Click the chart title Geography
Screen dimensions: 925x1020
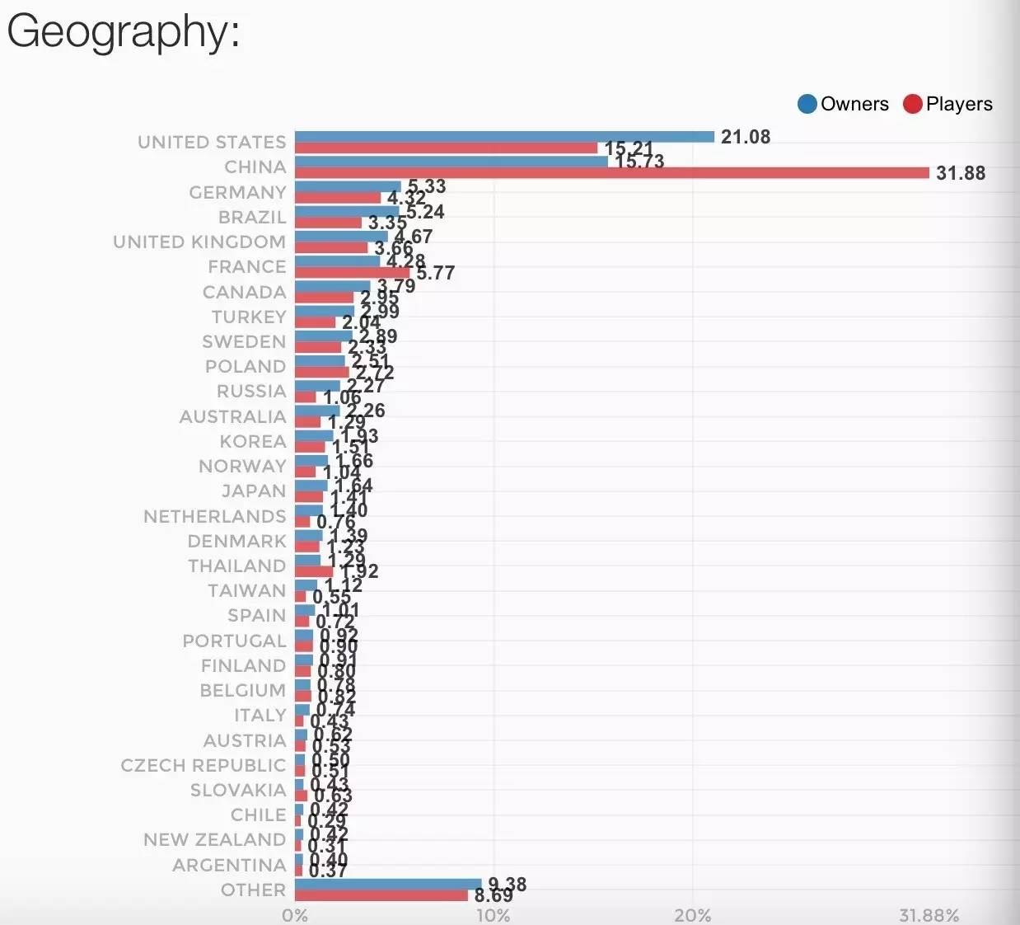(x=124, y=33)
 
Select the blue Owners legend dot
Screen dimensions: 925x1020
(x=807, y=104)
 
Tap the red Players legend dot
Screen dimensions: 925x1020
(x=912, y=104)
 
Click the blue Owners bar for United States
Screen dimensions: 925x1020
(x=504, y=137)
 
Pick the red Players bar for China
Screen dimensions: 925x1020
(x=611, y=173)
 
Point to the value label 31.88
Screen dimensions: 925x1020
(x=961, y=173)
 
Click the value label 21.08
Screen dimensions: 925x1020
(x=746, y=137)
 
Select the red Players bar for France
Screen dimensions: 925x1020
(x=352, y=273)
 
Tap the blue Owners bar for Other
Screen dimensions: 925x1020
(x=388, y=884)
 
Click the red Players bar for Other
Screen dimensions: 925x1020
(x=381, y=895)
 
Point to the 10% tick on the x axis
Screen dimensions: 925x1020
(x=493, y=915)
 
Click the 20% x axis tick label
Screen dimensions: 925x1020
(x=692, y=915)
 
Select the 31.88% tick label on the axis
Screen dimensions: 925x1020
(x=929, y=915)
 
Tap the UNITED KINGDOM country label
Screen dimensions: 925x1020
(x=199, y=242)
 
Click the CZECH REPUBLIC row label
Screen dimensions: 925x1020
(x=203, y=765)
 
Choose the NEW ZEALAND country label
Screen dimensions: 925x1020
(x=214, y=840)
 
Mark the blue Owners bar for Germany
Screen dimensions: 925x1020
(x=348, y=186)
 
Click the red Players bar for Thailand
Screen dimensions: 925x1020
(x=314, y=571)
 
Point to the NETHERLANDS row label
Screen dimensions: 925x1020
(x=214, y=516)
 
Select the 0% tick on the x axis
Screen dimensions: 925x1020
(x=294, y=915)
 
